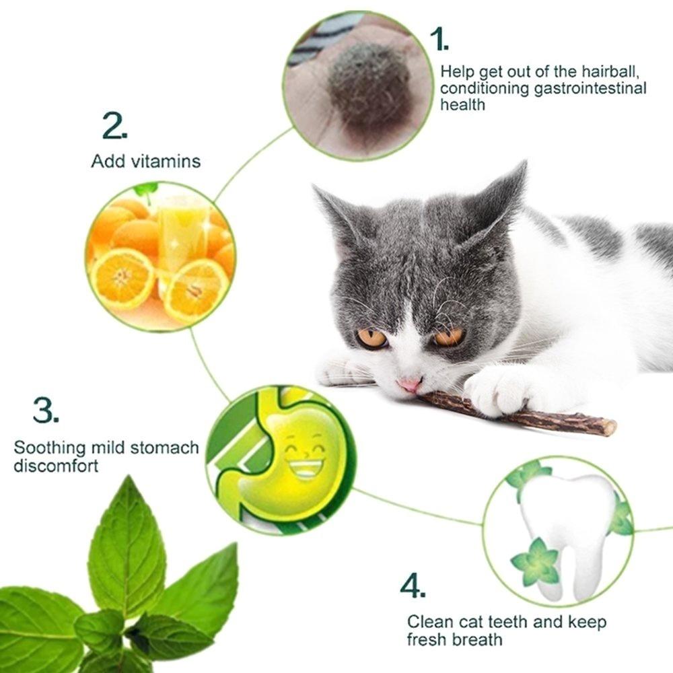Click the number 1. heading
point(439,40)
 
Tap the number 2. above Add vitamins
point(114,127)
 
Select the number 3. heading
point(45,411)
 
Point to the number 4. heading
point(413,586)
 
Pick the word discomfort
point(56,465)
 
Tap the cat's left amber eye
point(371,338)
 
